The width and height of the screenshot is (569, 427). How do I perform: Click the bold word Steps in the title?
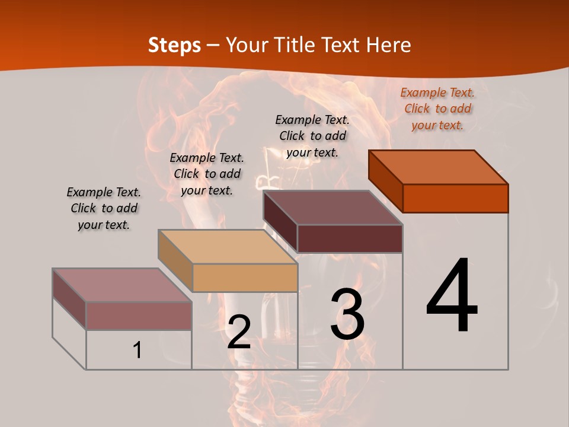tap(174, 45)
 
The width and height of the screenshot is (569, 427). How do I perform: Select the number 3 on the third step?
tap(347, 314)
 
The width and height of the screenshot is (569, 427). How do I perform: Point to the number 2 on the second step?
tap(239, 332)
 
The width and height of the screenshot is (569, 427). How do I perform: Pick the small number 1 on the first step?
tap(138, 350)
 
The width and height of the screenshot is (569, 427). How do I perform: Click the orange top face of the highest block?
tap(439, 167)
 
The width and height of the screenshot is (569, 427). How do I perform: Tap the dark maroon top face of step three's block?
tap(333, 208)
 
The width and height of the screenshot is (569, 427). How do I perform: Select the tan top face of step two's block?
tap(228, 247)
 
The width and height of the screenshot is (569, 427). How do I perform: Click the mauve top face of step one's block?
tap(122, 285)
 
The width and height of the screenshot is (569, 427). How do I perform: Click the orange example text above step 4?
tap(437, 109)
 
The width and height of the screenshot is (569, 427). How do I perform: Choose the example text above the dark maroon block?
tap(312, 136)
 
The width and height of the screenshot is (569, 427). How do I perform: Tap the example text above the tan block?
tap(207, 174)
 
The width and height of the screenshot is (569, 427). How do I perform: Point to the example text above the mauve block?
tap(104, 208)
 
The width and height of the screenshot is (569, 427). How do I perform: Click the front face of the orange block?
tap(455, 198)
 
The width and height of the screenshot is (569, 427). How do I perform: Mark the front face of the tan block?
tap(245, 278)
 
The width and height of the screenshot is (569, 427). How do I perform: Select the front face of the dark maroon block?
tap(350, 238)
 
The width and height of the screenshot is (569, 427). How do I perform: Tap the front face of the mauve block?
tap(139, 316)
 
